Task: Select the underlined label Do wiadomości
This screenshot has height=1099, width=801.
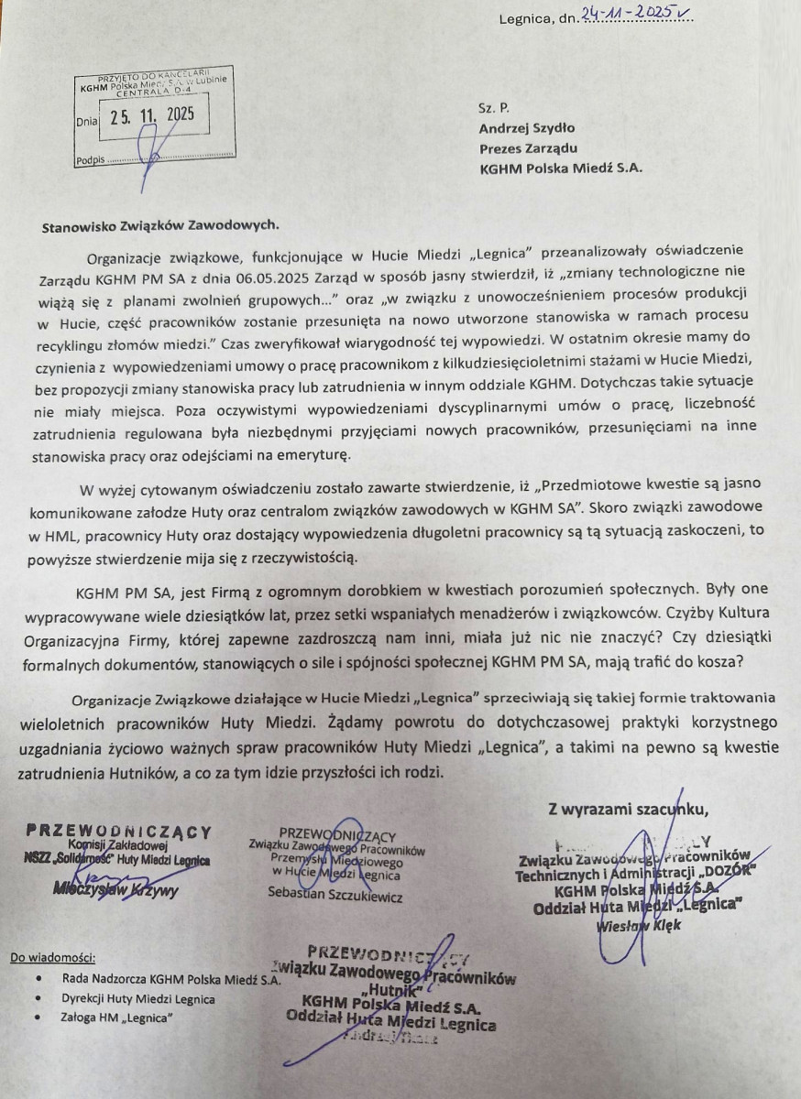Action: (52, 959)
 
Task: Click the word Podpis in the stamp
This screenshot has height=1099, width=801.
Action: (90, 159)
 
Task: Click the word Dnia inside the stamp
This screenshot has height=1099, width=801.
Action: (87, 120)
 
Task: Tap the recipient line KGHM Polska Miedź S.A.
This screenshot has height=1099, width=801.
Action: (561, 168)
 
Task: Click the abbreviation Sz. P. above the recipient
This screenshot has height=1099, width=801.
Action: (493, 107)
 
